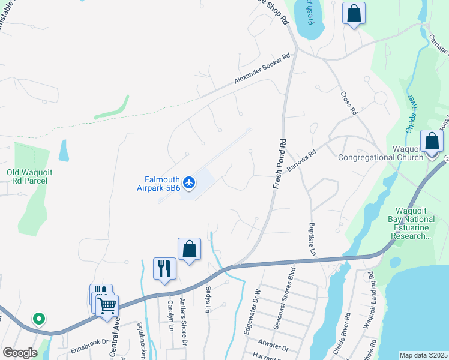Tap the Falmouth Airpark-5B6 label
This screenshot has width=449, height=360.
click(154, 183)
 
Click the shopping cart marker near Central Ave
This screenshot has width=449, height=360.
click(107, 305)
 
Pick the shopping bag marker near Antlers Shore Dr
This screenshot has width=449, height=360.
click(189, 249)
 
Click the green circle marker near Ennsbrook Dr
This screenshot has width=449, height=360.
click(39, 319)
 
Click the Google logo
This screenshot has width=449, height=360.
click(20, 353)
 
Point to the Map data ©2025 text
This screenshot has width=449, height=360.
click(423, 355)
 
